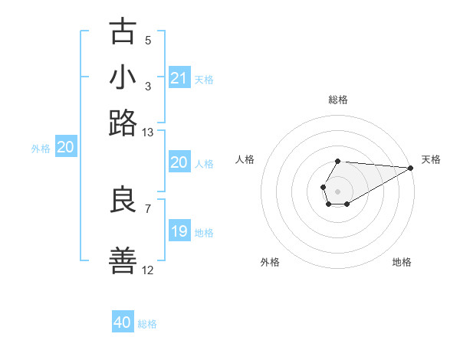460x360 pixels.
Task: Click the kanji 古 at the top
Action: point(123,32)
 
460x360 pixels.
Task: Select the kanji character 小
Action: point(123,77)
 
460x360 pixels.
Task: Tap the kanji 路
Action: point(123,123)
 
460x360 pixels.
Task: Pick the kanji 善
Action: point(123,260)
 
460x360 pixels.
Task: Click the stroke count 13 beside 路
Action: point(148,133)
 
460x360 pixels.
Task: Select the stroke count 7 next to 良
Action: point(148,208)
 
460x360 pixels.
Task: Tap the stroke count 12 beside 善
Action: point(148,270)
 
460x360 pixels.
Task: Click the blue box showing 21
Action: point(179,78)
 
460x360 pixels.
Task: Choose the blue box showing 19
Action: point(179,231)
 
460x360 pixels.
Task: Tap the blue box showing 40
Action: point(123,322)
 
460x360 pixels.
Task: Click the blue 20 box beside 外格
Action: point(65,148)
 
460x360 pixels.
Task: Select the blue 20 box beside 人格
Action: point(179,162)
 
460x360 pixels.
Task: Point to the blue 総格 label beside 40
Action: point(147,324)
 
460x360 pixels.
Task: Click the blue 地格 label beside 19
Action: point(204,232)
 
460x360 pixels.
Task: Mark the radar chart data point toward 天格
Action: point(412,169)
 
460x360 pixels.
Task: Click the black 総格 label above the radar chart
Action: point(337,100)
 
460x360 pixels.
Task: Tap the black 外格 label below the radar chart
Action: point(270,262)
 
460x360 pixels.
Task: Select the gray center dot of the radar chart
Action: point(337,190)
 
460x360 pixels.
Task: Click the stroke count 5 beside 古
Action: point(148,41)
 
